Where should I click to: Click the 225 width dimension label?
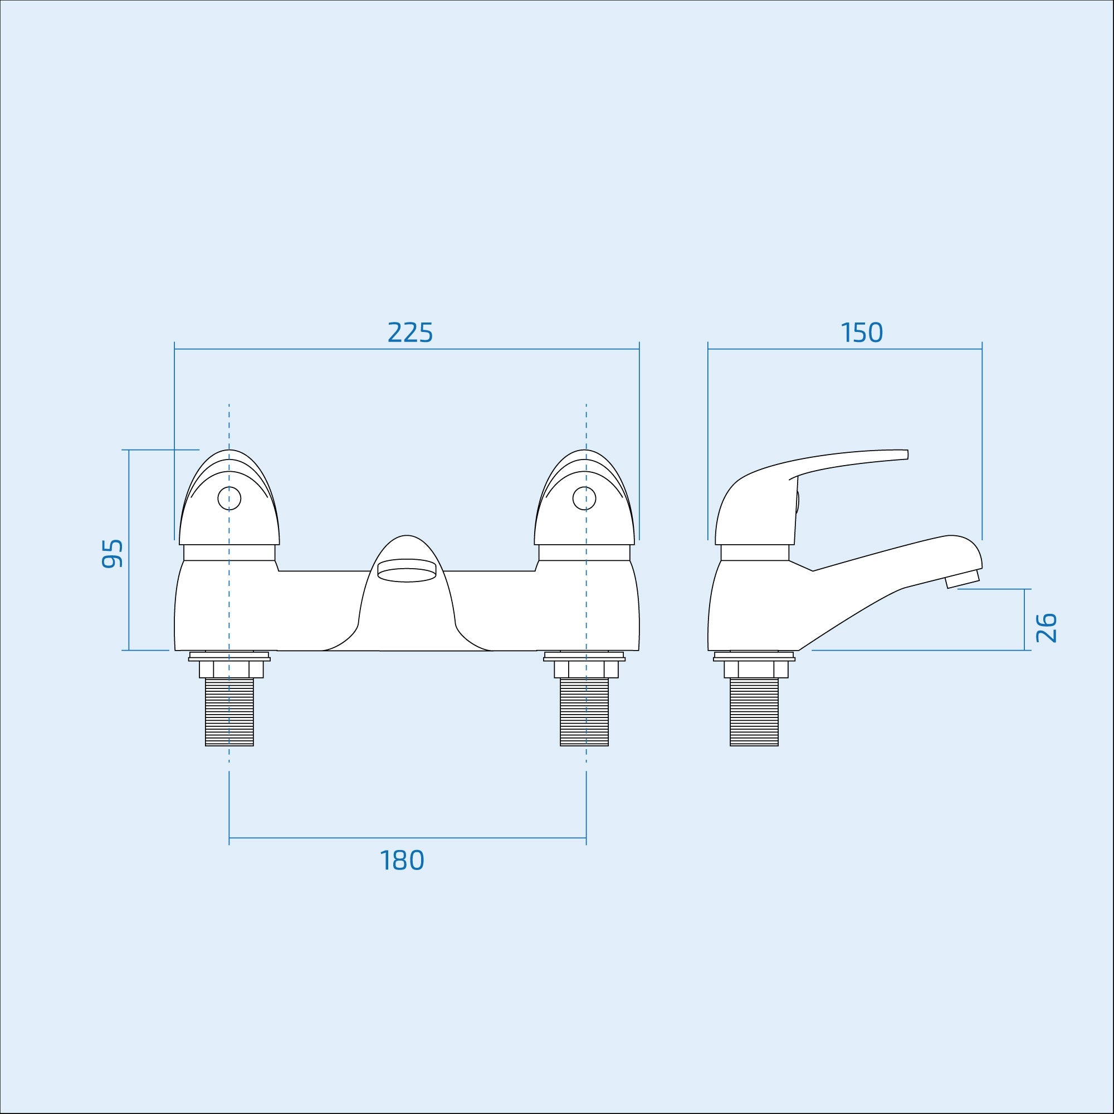[x=410, y=333]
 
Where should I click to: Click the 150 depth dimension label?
[x=862, y=333]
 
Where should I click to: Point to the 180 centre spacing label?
[x=402, y=861]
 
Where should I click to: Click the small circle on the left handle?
[x=229, y=497]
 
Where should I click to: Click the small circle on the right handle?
[x=585, y=497]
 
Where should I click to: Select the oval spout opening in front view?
[x=406, y=573]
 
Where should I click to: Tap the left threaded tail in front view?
[x=229, y=711]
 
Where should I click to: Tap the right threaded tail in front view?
[x=584, y=711]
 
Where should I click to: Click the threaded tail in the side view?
[x=754, y=711]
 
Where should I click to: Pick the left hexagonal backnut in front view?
[x=231, y=669]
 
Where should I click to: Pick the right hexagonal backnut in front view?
[x=585, y=669]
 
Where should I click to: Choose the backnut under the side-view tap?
[x=755, y=669]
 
